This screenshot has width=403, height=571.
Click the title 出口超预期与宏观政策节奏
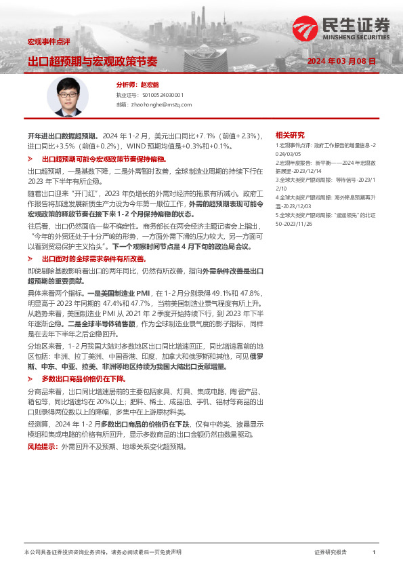pos(92,61)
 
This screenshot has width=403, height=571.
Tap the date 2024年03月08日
pos(341,61)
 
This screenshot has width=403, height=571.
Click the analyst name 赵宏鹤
pos(150,85)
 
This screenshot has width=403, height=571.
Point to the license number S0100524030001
pos(160,96)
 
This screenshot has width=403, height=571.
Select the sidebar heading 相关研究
pos(291,135)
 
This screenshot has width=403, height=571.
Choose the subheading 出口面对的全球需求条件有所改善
pos(93,259)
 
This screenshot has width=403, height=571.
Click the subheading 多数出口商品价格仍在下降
pos(83,378)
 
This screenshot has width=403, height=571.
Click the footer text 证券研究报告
pos(330,553)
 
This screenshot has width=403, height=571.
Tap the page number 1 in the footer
pos(374,553)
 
